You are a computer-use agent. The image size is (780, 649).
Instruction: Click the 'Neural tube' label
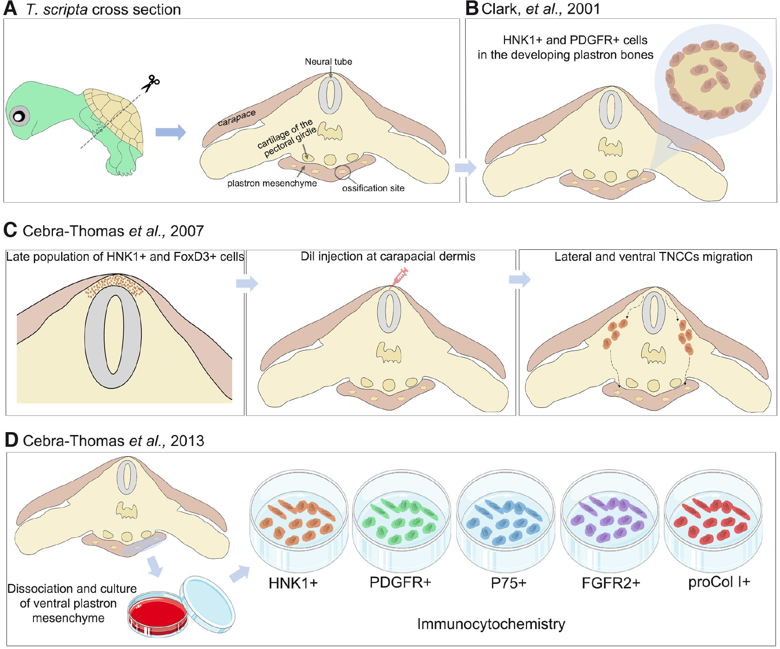click(x=328, y=62)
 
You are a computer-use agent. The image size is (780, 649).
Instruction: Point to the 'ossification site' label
click(x=373, y=188)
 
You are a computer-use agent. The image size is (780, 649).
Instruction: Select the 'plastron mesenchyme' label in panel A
click(x=272, y=184)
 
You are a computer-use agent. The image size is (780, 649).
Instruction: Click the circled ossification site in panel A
click(x=343, y=172)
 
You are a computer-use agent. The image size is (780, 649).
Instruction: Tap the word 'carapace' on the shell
click(x=237, y=117)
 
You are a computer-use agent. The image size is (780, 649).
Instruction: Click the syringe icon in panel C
click(x=400, y=278)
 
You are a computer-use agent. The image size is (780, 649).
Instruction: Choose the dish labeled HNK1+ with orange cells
click(x=299, y=521)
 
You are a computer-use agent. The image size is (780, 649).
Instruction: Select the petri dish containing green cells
click(x=401, y=521)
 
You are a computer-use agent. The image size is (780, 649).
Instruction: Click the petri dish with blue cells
click(x=505, y=521)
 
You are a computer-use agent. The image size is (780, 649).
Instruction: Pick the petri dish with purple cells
click(x=609, y=521)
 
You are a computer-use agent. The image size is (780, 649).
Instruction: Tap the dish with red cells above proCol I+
click(x=712, y=521)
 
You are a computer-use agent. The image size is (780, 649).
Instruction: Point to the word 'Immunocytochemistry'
click(x=491, y=624)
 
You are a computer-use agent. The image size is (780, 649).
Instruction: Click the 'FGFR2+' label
click(x=611, y=583)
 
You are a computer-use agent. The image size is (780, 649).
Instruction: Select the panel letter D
click(x=11, y=440)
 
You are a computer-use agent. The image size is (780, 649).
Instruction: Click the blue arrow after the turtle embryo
click(x=171, y=132)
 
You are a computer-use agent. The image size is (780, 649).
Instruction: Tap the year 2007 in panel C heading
click(x=187, y=231)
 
